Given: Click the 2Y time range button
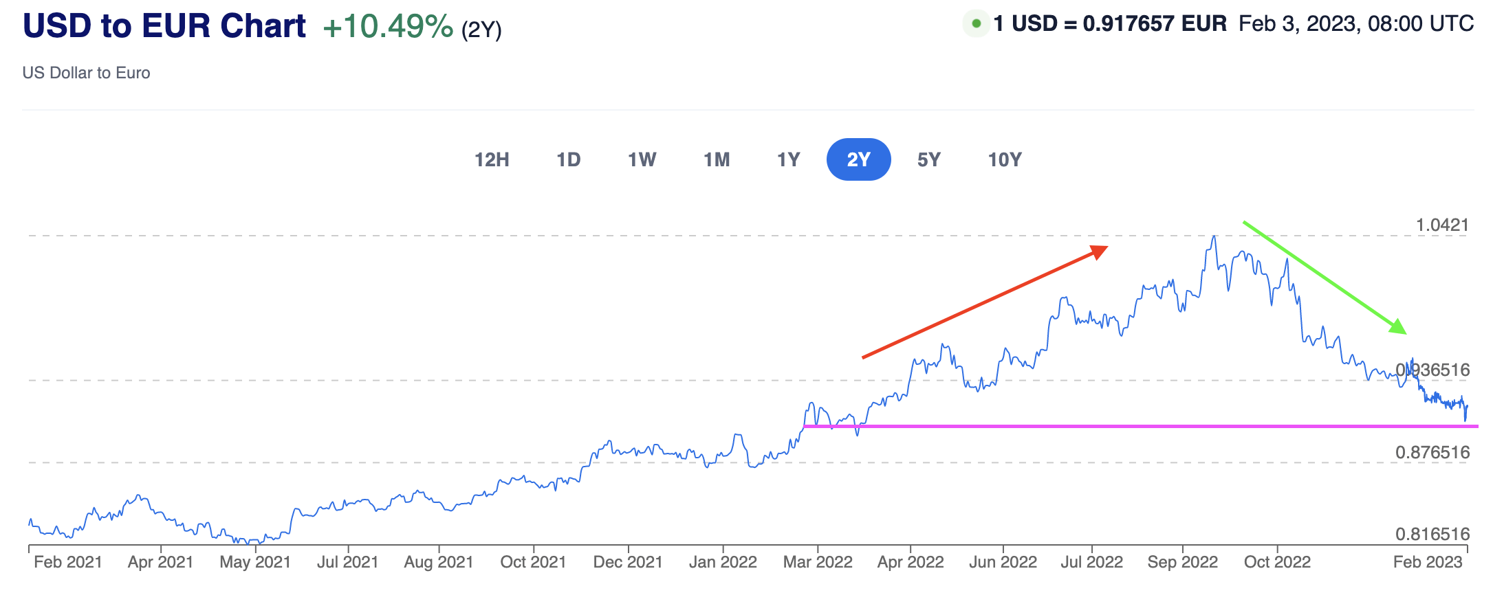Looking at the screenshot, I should pos(858,159).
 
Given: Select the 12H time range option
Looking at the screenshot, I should pos(492,159).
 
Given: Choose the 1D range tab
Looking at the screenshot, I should pos(568,159).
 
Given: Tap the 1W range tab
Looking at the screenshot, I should pos(642,159).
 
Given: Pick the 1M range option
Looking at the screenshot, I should pos(716,159).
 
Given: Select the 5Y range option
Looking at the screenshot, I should pos(928,159).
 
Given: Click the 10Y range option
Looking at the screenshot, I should pos(1004,159).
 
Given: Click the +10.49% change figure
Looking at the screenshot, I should pos(388,27).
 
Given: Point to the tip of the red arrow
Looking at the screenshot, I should pos(1106,247).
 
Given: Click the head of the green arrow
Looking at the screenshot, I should pos(1403,331).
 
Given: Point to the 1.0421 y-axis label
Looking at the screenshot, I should pos(1441,225).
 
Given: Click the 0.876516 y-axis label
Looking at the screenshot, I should pos(1432,452).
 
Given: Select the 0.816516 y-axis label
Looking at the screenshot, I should pos(1432,534).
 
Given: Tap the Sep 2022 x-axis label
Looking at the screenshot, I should pos(1182,562).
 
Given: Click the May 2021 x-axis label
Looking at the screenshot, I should pos(255,562).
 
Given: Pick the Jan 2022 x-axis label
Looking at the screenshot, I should pos(723,562).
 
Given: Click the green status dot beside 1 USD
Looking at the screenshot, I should pos(976,24).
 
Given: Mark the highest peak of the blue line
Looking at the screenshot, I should pos(1214,236).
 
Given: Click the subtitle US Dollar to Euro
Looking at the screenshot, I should pos(86,73).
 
